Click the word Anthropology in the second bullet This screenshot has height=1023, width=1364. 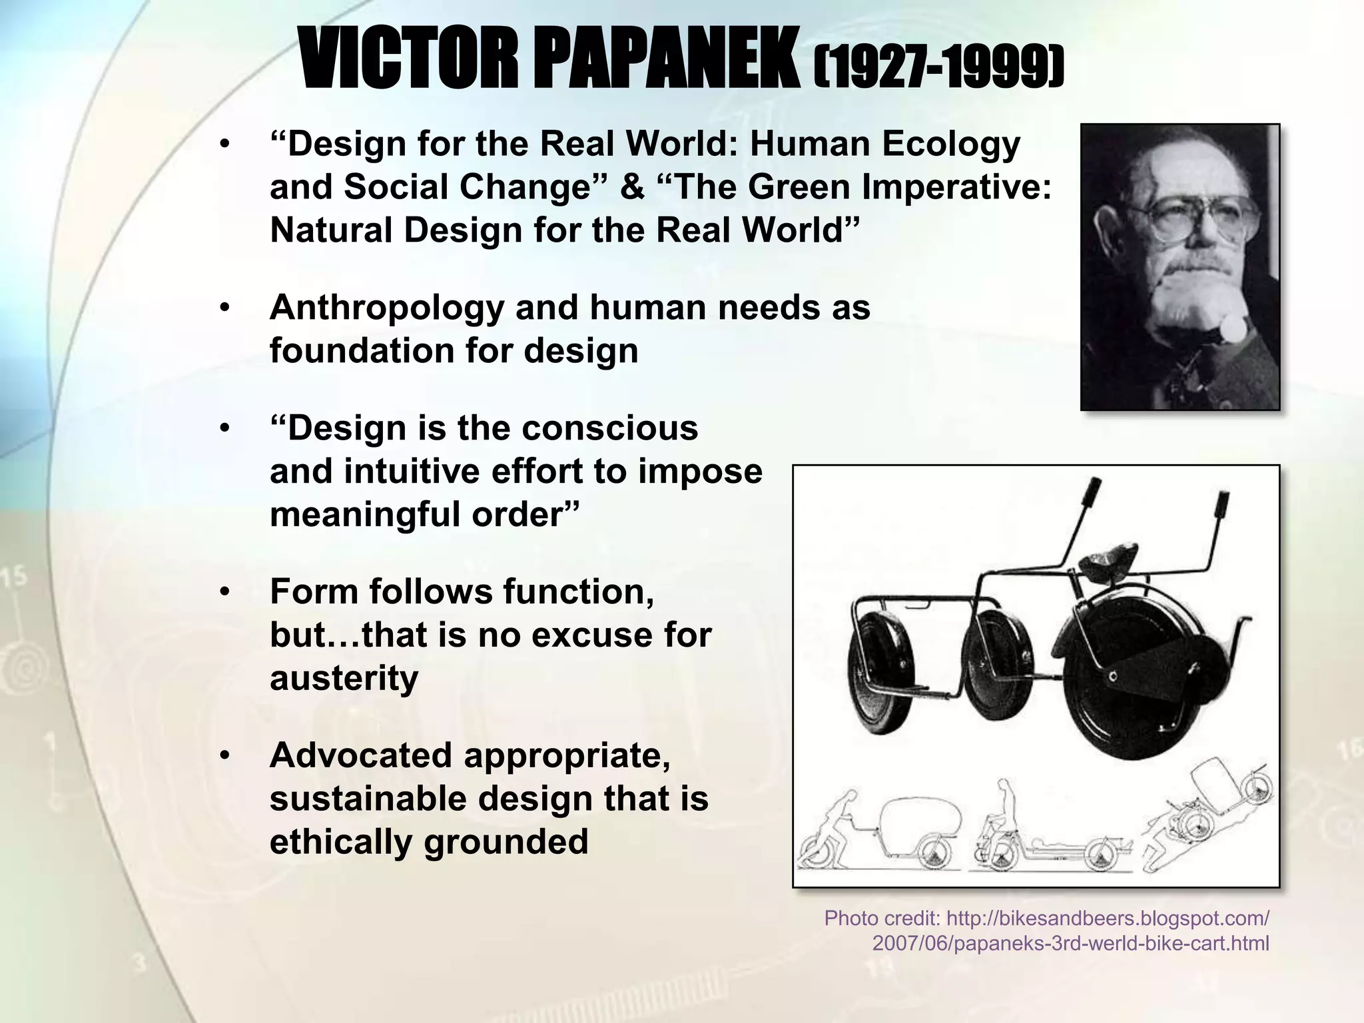[x=386, y=308]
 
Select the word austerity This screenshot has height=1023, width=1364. [x=344, y=678]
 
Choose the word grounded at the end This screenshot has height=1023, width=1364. [x=506, y=842]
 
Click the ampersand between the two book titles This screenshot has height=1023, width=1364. [x=631, y=187]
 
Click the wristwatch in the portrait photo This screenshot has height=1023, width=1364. [x=1234, y=328]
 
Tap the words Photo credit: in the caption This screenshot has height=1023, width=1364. [x=881, y=918]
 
